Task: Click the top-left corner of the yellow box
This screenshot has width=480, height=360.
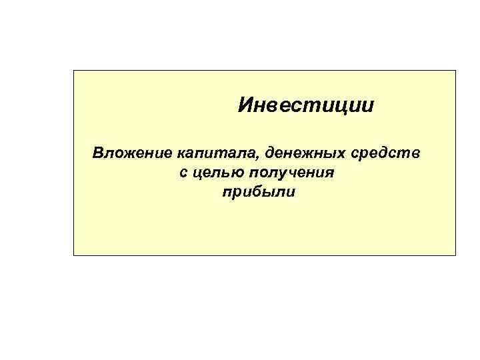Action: coord(74,70)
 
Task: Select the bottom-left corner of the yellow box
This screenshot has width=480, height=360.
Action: coord(74,255)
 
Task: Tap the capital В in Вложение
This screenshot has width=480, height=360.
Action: coord(98,154)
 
